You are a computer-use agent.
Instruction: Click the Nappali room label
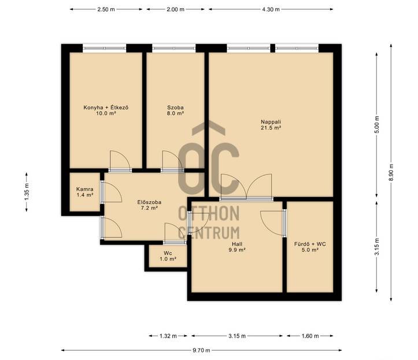pos(271,122)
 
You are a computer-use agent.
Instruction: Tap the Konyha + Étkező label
pos(106,107)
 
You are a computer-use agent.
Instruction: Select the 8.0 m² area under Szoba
pos(175,113)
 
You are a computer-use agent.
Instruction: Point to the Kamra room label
pos(85,189)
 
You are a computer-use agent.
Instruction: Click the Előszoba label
pos(149,202)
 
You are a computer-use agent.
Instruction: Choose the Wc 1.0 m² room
pos(168,256)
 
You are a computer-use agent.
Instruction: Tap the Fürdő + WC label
pos(310,244)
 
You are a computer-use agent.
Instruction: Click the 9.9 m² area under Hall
pos(237,250)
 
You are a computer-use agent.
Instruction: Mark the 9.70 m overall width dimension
pos(202,350)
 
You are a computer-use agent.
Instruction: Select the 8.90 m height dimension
pos(391,172)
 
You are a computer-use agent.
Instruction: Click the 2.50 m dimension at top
pos(106,9)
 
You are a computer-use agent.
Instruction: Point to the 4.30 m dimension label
pos(271,9)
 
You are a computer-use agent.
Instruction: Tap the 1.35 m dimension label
pos(27,192)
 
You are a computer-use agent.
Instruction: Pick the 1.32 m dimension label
pos(168,336)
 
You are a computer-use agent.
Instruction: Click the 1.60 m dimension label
pos(310,336)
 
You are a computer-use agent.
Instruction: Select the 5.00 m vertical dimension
pos(377,125)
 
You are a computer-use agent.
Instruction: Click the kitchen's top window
pos(104,48)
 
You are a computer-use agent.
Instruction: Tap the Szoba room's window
pos(174,48)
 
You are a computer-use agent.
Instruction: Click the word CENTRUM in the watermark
pos(209,233)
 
